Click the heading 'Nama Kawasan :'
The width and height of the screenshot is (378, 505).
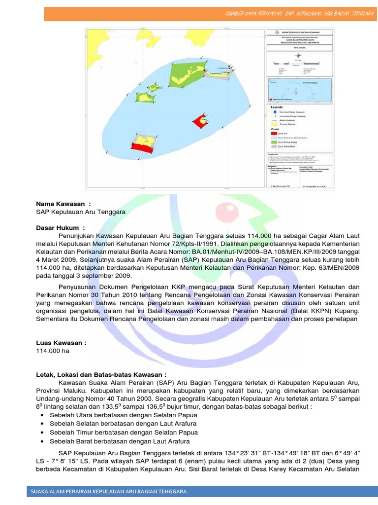click(x=63, y=204)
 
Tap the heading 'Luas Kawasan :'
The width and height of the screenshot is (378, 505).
click(x=62, y=343)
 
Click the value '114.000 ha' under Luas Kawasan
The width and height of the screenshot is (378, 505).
click(x=53, y=351)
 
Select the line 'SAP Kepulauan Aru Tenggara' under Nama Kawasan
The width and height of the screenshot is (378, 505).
click(x=81, y=212)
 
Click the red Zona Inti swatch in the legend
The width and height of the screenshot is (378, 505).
click(x=274, y=133)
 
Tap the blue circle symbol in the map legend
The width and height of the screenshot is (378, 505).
click(x=274, y=112)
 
